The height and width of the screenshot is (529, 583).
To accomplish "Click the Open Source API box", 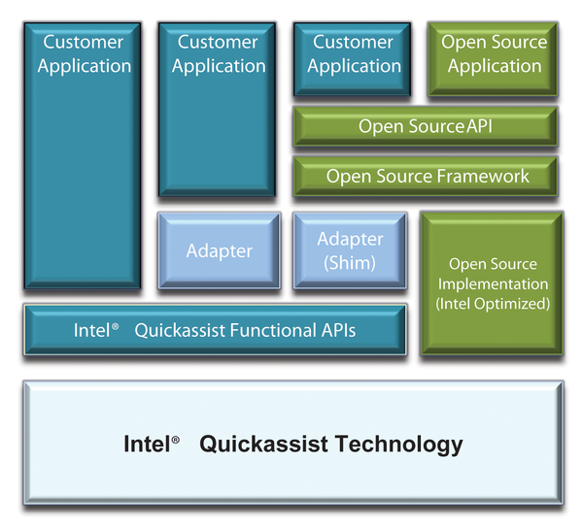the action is [426, 126].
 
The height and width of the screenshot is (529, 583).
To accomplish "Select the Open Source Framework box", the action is [426, 176].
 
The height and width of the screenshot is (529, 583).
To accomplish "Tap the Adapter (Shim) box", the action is [350, 250].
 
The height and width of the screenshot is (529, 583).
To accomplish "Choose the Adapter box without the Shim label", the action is [220, 250].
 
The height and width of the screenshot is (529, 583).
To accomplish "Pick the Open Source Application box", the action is [493, 59].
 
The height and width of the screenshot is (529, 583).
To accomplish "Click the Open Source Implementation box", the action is [492, 283].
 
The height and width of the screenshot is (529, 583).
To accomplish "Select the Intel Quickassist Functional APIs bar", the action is [216, 330].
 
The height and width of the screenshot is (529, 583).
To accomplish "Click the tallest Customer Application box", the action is [83, 155].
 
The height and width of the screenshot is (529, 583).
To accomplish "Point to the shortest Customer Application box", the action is [352, 59].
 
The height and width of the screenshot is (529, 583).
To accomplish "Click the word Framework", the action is [483, 176].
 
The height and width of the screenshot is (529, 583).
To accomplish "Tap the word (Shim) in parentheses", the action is [350, 263].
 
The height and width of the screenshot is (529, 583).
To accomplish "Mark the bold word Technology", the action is [399, 445].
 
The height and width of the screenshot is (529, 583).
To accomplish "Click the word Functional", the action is [273, 330].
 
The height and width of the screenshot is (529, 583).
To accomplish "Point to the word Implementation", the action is [493, 284].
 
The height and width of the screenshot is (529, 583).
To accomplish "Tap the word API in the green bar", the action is [479, 126].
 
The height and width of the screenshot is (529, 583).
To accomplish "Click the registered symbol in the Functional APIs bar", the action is [116, 326].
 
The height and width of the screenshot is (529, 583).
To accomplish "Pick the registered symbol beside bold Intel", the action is [176, 440].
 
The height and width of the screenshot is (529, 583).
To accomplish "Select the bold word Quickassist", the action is [264, 445].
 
